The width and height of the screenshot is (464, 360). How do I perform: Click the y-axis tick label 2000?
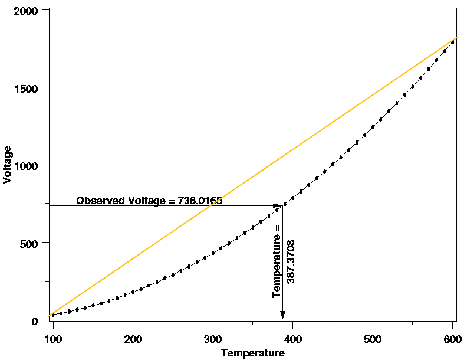click(x=28, y=11)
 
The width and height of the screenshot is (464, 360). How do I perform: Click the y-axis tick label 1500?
click(x=28, y=88)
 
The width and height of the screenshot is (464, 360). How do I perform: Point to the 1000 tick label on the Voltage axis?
click(x=28, y=165)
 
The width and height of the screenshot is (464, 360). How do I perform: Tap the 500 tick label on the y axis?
click(x=31, y=243)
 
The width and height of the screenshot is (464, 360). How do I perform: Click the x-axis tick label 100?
click(x=53, y=340)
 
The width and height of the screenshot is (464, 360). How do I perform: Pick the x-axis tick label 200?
click(x=133, y=340)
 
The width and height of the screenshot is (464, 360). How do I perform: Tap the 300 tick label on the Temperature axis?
click(x=213, y=340)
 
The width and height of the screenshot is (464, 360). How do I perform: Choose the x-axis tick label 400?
click(x=293, y=340)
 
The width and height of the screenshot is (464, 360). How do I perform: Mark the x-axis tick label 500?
click(x=373, y=340)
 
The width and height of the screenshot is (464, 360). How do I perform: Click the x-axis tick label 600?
click(x=452, y=340)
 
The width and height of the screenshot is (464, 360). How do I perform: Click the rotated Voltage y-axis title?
click(x=7, y=165)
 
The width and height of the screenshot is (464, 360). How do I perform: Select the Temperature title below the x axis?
click(x=252, y=353)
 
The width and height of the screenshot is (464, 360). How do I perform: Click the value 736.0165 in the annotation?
click(x=199, y=201)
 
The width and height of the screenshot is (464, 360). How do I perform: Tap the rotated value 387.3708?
click(x=290, y=261)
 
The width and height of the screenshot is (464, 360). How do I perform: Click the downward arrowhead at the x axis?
click(x=283, y=315)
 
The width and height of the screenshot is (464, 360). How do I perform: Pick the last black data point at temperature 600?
click(x=452, y=42)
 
